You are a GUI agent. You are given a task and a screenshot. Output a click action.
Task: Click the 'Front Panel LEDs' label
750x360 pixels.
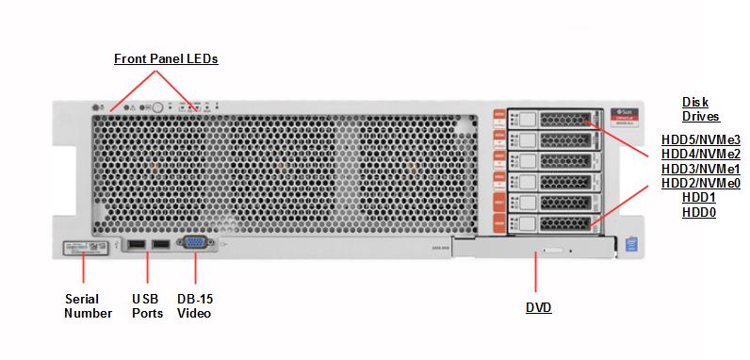point(166,58)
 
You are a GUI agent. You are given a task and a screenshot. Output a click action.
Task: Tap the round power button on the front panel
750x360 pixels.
point(158,108)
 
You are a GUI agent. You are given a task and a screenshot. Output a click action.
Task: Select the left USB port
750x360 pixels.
point(136,246)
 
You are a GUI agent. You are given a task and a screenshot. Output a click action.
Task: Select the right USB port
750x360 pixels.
point(160,246)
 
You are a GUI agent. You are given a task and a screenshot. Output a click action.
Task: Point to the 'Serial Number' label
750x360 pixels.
point(87,306)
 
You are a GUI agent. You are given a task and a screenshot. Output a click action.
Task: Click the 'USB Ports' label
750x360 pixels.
point(146,306)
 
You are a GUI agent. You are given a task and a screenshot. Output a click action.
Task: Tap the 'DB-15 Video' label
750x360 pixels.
point(195,306)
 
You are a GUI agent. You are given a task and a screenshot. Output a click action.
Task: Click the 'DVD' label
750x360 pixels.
point(538,308)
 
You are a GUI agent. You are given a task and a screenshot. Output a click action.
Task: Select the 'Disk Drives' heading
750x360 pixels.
point(700,109)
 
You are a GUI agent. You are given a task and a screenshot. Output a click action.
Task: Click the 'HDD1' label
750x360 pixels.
point(700,198)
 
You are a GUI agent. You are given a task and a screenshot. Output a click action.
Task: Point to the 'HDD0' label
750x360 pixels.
point(700,213)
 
